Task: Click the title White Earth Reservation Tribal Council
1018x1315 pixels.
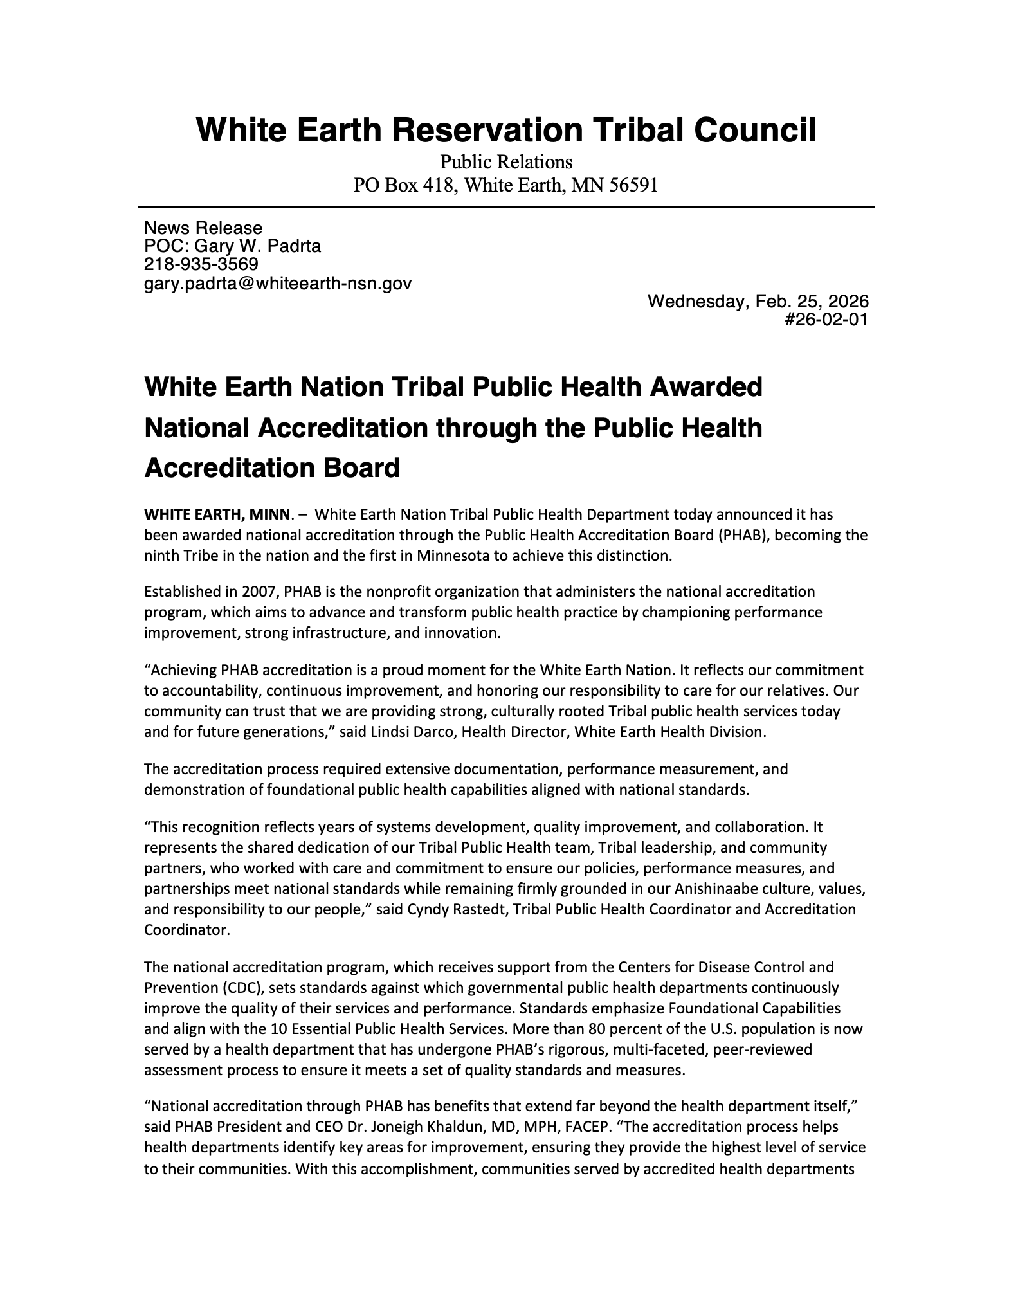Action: click(505, 130)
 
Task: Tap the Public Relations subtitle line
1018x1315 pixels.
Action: click(505, 161)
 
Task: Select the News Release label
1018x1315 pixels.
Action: click(203, 228)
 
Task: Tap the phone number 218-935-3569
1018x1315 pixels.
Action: click(201, 264)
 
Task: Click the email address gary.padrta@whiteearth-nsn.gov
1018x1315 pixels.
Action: click(278, 283)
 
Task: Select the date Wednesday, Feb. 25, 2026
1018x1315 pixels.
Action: click(758, 301)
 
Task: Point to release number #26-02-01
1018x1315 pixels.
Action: click(826, 319)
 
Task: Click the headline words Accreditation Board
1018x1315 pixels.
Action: click(272, 467)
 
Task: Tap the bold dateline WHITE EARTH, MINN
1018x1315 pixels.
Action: click(218, 514)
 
